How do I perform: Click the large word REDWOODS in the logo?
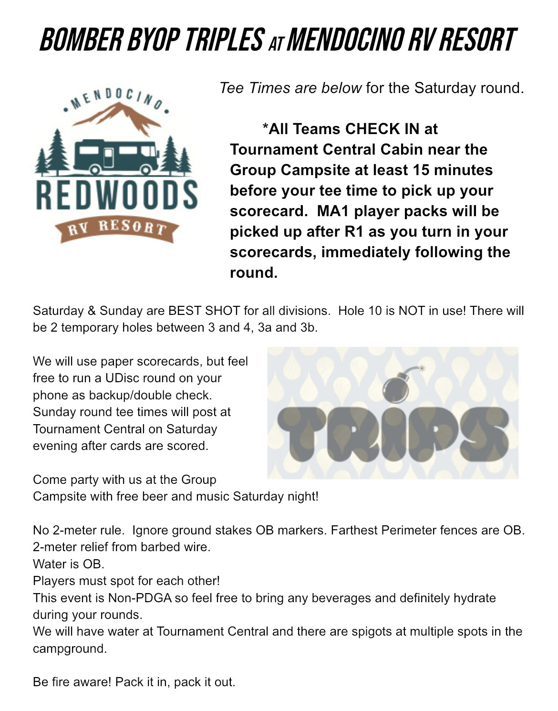point(117,195)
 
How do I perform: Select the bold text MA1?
point(333,211)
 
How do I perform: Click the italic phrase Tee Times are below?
point(290,88)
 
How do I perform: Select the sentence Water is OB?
point(68,564)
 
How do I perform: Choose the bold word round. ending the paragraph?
point(253,272)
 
